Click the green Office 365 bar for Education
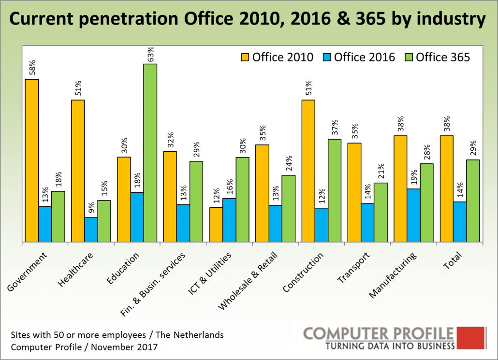click(x=150, y=153)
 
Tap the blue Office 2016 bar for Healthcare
click(x=91, y=230)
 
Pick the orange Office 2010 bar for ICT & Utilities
click(x=216, y=225)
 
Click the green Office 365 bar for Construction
click(x=335, y=190)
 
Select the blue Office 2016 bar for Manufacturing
click(x=413, y=215)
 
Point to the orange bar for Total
click(x=447, y=188)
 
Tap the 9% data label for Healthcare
click(x=91, y=209)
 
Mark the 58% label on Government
click(x=32, y=70)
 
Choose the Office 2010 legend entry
click(x=278, y=57)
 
